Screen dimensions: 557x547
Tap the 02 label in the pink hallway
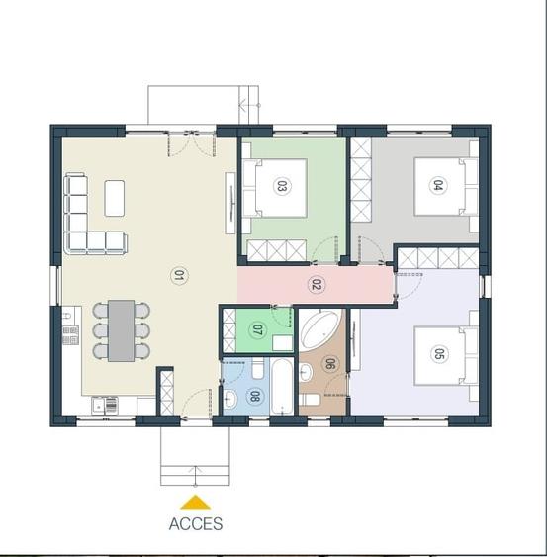317,285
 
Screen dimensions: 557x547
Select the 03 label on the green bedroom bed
281,185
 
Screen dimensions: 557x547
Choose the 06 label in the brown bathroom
329,364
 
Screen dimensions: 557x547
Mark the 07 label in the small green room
258,329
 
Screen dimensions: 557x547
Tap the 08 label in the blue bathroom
254,398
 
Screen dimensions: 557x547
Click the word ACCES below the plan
196,524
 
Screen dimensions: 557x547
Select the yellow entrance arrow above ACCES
196,503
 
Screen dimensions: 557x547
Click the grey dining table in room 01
122,328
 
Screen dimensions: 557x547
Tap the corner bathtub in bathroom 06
319,328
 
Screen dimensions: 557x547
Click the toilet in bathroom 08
255,370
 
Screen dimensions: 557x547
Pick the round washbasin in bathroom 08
229,399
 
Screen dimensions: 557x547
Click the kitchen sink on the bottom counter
104,404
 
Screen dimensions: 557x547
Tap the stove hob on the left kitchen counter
69,331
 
